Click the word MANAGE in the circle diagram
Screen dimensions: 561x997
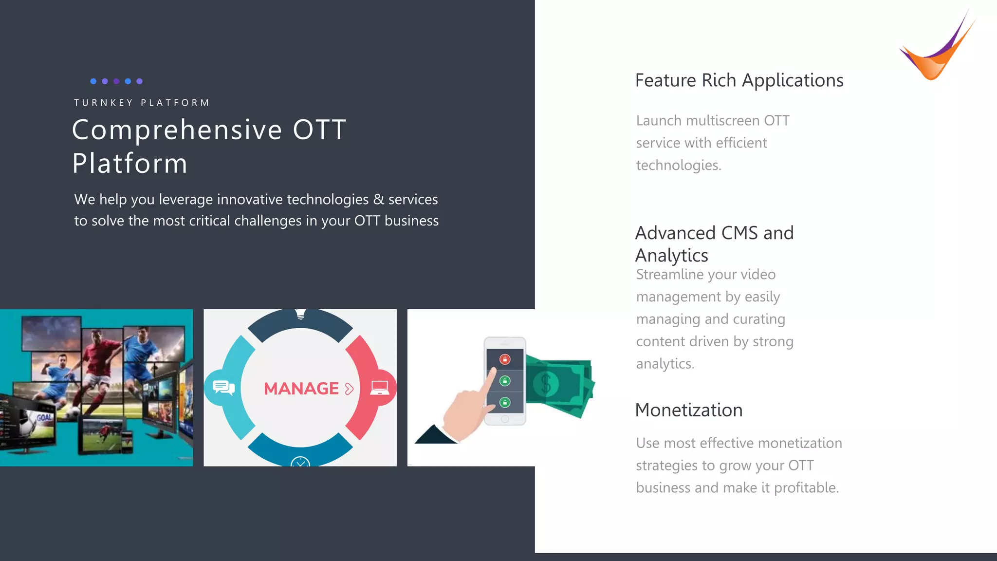[x=301, y=389]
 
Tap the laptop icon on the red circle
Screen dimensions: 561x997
[x=379, y=388]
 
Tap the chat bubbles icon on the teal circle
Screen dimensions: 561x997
[x=223, y=388]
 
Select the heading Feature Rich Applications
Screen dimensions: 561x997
[x=739, y=80]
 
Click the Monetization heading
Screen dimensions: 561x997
[x=688, y=410]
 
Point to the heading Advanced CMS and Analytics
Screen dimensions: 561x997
[x=714, y=244]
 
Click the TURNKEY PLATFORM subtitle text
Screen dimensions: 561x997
[x=142, y=103]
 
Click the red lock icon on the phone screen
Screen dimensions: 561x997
[x=505, y=359]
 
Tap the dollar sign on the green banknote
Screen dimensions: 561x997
[x=546, y=384]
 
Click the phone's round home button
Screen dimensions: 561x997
[x=505, y=419]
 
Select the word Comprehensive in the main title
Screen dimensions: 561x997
[x=177, y=130]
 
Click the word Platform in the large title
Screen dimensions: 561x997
[x=129, y=163]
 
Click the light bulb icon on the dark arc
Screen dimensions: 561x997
[x=300, y=314]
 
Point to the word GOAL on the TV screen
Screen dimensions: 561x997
[x=44, y=417]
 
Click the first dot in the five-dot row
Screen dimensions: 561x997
[x=93, y=81]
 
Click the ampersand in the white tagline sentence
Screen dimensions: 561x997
[x=378, y=199]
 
